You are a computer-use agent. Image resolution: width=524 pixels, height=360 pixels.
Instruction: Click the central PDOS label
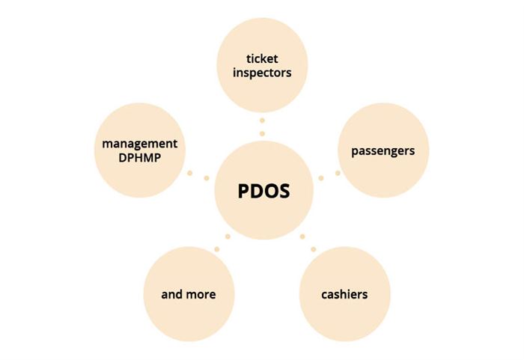263,191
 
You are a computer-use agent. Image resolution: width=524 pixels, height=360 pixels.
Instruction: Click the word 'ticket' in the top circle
262,59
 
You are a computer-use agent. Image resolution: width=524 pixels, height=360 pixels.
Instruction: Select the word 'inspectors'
262,73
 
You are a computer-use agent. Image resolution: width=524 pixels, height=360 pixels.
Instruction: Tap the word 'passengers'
383,151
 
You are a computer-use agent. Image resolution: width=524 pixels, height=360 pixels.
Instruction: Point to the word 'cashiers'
344,294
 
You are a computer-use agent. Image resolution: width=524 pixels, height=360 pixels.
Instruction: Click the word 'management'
140,144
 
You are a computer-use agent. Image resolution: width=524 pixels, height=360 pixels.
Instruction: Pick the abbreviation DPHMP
140,158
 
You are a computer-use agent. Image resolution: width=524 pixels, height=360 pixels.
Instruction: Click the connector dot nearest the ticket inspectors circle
262,120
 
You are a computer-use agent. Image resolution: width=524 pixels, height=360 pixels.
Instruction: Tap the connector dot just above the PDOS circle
262,134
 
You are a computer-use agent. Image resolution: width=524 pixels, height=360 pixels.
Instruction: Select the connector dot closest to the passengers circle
338,173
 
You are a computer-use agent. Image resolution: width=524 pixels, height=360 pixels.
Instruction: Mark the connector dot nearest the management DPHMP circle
190,173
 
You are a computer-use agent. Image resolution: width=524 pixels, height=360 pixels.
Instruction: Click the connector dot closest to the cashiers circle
314,249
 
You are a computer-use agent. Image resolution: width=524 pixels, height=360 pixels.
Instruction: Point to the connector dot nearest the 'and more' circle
217,249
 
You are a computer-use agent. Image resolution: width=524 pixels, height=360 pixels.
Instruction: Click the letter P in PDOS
243,191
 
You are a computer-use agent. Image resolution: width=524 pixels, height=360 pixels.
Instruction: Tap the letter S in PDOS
284,191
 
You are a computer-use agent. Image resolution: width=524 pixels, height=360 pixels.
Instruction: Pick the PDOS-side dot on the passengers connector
321,178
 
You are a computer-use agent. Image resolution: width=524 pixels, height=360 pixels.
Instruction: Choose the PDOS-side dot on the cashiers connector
302,237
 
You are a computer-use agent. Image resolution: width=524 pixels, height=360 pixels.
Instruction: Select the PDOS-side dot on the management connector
207,178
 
